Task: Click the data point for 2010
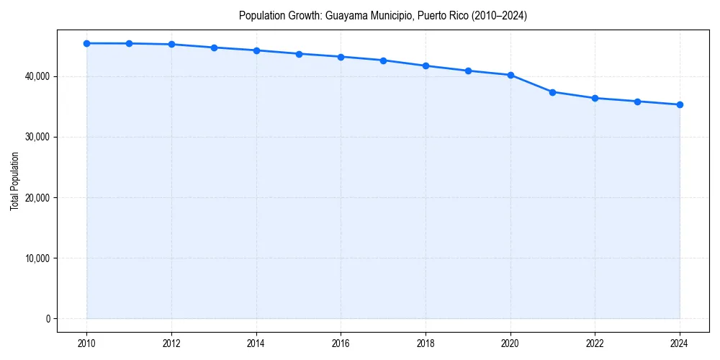(86, 43)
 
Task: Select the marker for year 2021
(552, 92)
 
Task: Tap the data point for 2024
(680, 104)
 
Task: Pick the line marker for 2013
(214, 48)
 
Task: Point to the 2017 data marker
(383, 60)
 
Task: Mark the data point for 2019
(468, 71)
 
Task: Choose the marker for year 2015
(299, 54)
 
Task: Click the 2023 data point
(637, 102)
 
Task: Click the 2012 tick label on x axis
(171, 343)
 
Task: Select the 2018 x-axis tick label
(426, 343)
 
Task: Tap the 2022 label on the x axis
(595, 343)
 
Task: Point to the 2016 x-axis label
(341, 343)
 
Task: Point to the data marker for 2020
(510, 75)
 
